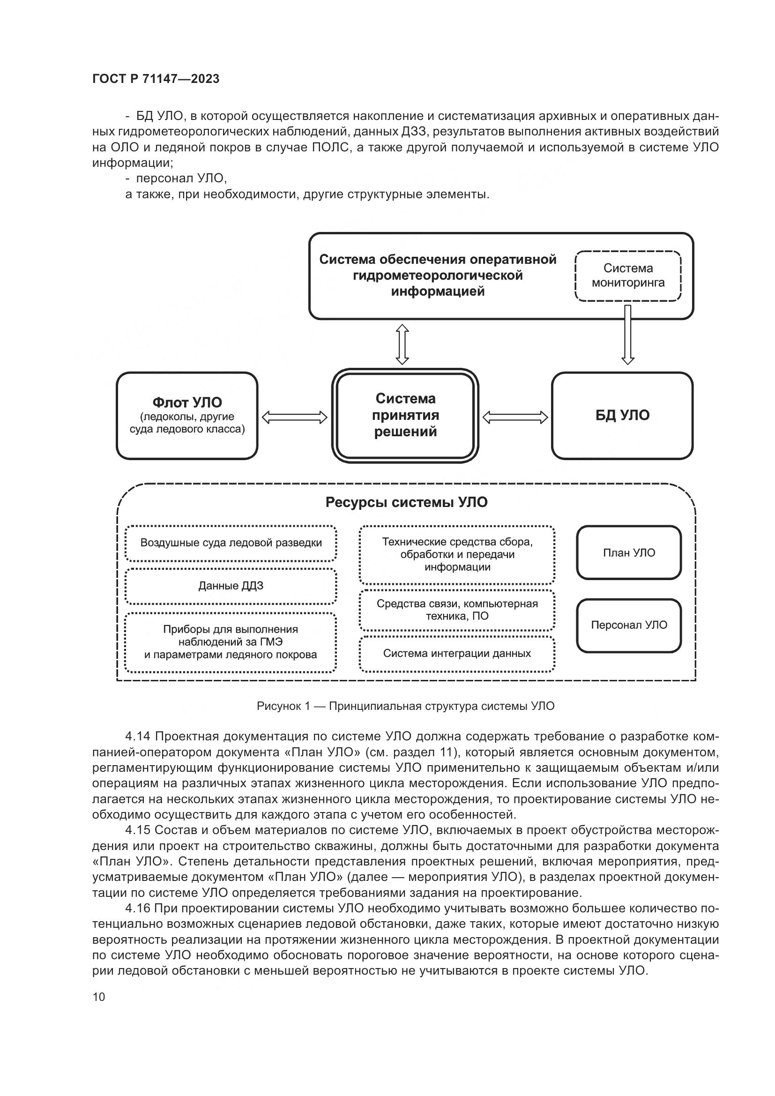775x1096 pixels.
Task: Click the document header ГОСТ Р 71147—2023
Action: [x=156, y=79]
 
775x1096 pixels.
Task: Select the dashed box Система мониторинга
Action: [x=627, y=276]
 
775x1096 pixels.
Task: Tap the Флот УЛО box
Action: [x=187, y=415]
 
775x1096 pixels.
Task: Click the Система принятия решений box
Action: [x=405, y=415]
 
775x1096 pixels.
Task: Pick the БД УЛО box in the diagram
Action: [x=622, y=415]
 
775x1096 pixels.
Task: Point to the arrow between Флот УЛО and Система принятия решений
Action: [x=294, y=418]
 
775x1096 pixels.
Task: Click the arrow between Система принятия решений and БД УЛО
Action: [x=515, y=418]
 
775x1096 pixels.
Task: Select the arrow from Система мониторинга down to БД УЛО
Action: [x=627, y=334]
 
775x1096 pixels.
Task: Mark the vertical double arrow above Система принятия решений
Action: [x=402, y=344]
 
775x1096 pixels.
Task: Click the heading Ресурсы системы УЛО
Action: [x=406, y=503]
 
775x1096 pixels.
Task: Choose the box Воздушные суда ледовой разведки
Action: [x=231, y=543]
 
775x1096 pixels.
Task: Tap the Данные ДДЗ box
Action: [x=231, y=586]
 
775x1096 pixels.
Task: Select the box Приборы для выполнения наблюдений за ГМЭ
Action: [x=231, y=642]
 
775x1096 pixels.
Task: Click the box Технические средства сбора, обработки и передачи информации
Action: [x=457, y=555]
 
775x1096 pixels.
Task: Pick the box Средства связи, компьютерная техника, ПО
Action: [x=457, y=610]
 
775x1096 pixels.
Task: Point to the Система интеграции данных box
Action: [x=457, y=654]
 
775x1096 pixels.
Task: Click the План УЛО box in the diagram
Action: [x=628, y=553]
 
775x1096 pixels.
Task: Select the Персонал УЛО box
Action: [x=628, y=626]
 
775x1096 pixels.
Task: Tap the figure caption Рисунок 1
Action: [x=405, y=706]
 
